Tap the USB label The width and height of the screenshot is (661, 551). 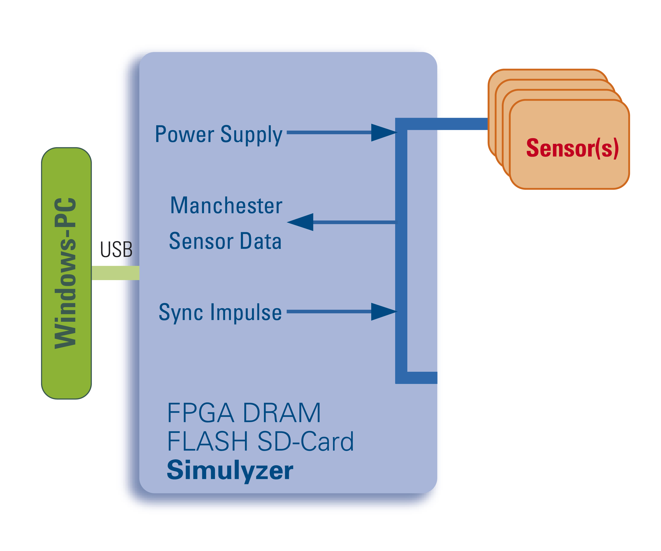(x=116, y=250)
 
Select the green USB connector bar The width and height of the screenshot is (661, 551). (x=115, y=273)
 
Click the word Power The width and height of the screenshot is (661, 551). (x=185, y=134)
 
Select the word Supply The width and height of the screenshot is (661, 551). (x=251, y=135)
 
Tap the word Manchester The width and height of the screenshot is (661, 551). (x=226, y=206)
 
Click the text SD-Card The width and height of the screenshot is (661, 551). (x=305, y=441)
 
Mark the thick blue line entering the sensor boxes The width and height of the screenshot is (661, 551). (x=447, y=124)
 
